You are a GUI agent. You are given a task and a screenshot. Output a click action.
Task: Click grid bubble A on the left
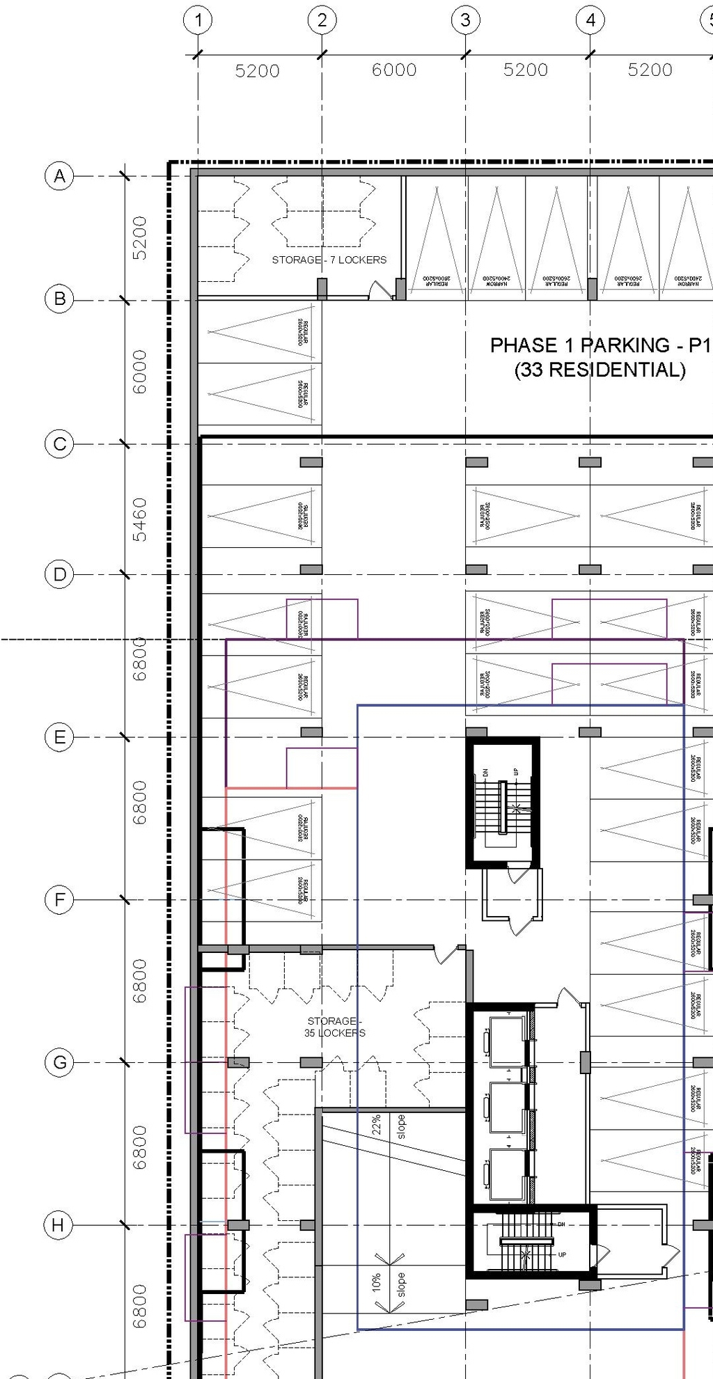pos(60,176)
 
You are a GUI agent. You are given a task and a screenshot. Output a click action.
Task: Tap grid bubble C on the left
pos(60,444)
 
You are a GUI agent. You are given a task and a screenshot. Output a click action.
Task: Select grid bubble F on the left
pos(60,900)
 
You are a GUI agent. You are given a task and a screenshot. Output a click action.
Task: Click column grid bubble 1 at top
pos(198,20)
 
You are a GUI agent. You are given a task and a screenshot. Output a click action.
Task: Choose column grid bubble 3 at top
pos(465,20)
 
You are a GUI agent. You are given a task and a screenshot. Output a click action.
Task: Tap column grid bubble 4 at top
pos(590,20)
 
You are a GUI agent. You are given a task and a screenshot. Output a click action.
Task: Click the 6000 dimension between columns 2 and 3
pos(394,70)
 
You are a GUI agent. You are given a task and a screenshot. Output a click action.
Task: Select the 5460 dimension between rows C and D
pos(140,519)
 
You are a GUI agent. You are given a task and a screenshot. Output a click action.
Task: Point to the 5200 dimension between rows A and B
pos(140,238)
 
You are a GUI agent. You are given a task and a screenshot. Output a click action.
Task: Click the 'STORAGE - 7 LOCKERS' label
pos(329,260)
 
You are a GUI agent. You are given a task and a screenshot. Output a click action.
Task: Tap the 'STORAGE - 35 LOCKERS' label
pos(334,1027)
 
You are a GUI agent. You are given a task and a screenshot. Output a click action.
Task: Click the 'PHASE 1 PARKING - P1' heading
pos(600,345)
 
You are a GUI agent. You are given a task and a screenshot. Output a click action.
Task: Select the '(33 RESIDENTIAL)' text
pos(600,370)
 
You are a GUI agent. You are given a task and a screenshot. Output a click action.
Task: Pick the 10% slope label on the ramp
pos(377,1283)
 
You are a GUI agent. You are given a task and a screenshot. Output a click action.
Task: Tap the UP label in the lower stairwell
pos(562,1254)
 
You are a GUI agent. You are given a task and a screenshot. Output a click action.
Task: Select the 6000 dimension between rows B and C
pos(140,372)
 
